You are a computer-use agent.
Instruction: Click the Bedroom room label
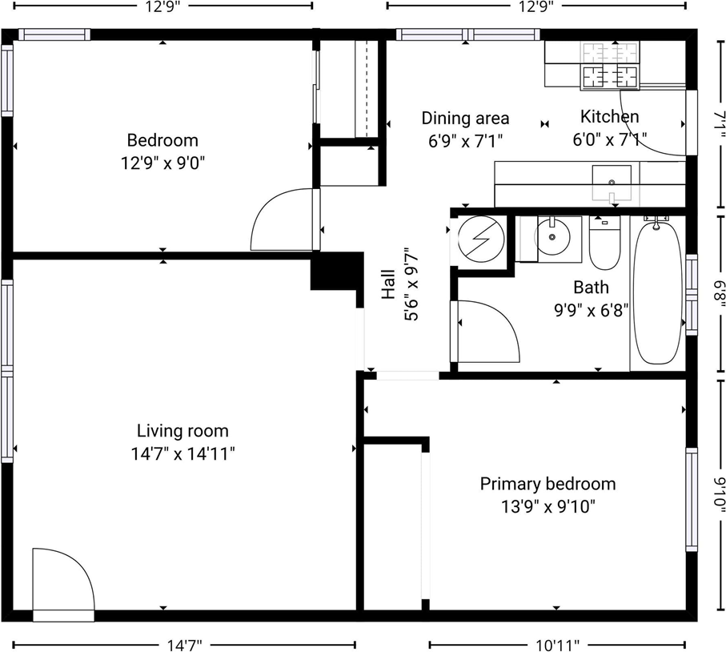162,141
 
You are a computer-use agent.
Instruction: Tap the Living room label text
183,431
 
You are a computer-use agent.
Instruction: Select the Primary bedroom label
548,484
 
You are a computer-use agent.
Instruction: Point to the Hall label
389,284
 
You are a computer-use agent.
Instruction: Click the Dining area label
465,119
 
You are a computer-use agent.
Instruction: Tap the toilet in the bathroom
604,243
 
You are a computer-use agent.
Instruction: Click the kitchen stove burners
610,65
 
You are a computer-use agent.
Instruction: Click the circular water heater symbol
482,238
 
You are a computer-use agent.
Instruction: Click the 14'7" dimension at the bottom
185,644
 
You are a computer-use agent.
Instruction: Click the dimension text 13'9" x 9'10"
548,506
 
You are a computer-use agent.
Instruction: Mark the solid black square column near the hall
335,271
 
